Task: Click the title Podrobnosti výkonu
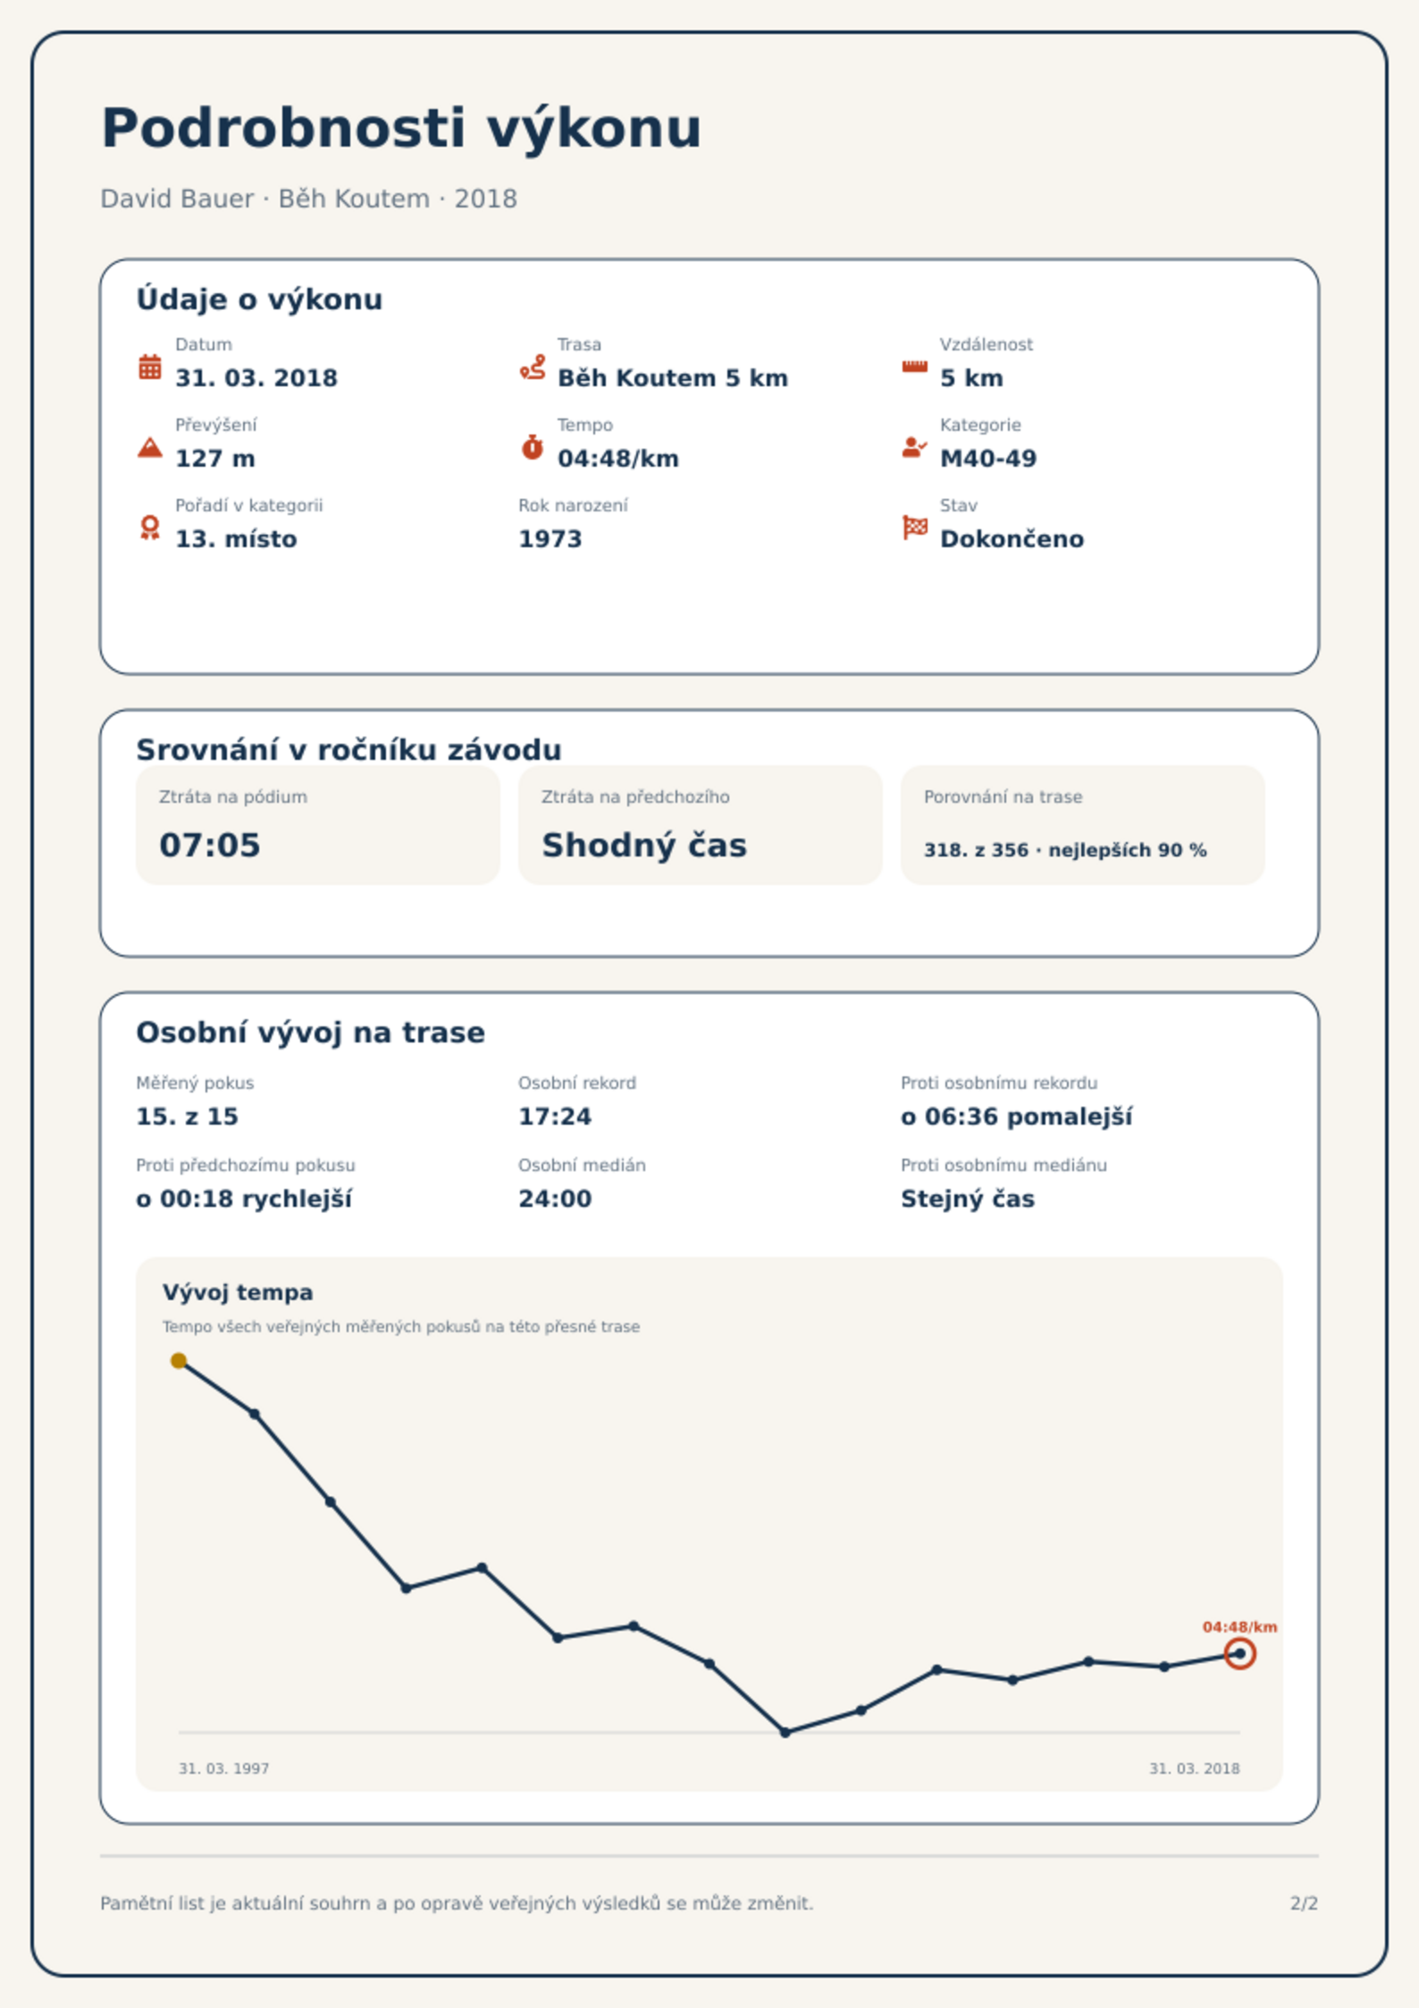point(401,129)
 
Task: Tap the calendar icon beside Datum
point(150,367)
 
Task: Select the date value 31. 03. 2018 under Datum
point(256,378)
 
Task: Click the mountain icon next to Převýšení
point(150,447)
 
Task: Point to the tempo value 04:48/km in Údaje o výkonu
point(618,459)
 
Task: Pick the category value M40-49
point(988,459)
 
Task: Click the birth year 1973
point(550,539)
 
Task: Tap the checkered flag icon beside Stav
point(915,527)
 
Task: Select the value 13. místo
point(236,539)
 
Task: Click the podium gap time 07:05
point(210,845)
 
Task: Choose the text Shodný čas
point(644,845)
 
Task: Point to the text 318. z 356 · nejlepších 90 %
point(1065,850)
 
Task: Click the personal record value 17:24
point(555,1117)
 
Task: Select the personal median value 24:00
point(555,1199)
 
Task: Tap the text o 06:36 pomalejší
point(1017,1117)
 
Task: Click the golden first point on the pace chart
point(179,1361)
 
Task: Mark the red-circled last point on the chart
point(1240,1654)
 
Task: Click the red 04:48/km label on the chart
point(1239,1627)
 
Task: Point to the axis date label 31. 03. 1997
point(223,1768)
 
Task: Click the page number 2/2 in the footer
point(1304,1903)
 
